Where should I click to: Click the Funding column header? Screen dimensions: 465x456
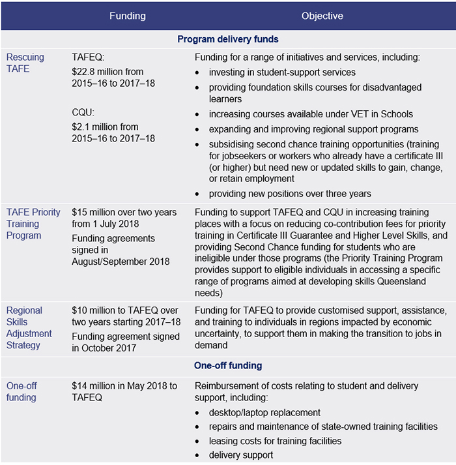tap(128, 16)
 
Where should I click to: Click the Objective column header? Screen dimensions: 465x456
tap(322, 16)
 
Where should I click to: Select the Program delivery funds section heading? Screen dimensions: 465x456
tap(228, 39)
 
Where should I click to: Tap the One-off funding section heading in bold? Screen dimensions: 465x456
tap(228, 366)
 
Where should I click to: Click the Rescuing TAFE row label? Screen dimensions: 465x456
tap(25, 63)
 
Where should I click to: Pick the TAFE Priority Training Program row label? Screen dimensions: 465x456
tap(33, 224)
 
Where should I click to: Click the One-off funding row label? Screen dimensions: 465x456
tap(22, 391)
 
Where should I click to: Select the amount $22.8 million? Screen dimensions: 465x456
tap(100, 72)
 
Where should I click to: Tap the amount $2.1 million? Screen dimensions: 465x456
tap(97, 127)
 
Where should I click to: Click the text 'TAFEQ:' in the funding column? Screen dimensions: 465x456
tap(87, 57)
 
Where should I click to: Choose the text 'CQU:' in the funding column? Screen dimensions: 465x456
tap(83, 113)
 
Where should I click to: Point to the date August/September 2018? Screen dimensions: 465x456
tap(121, 262)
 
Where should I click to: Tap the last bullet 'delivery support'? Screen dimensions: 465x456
tap(241, 455)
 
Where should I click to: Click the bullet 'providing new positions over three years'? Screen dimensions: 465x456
tap(290, 194)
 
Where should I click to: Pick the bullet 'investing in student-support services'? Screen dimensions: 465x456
tap(282, 72)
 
